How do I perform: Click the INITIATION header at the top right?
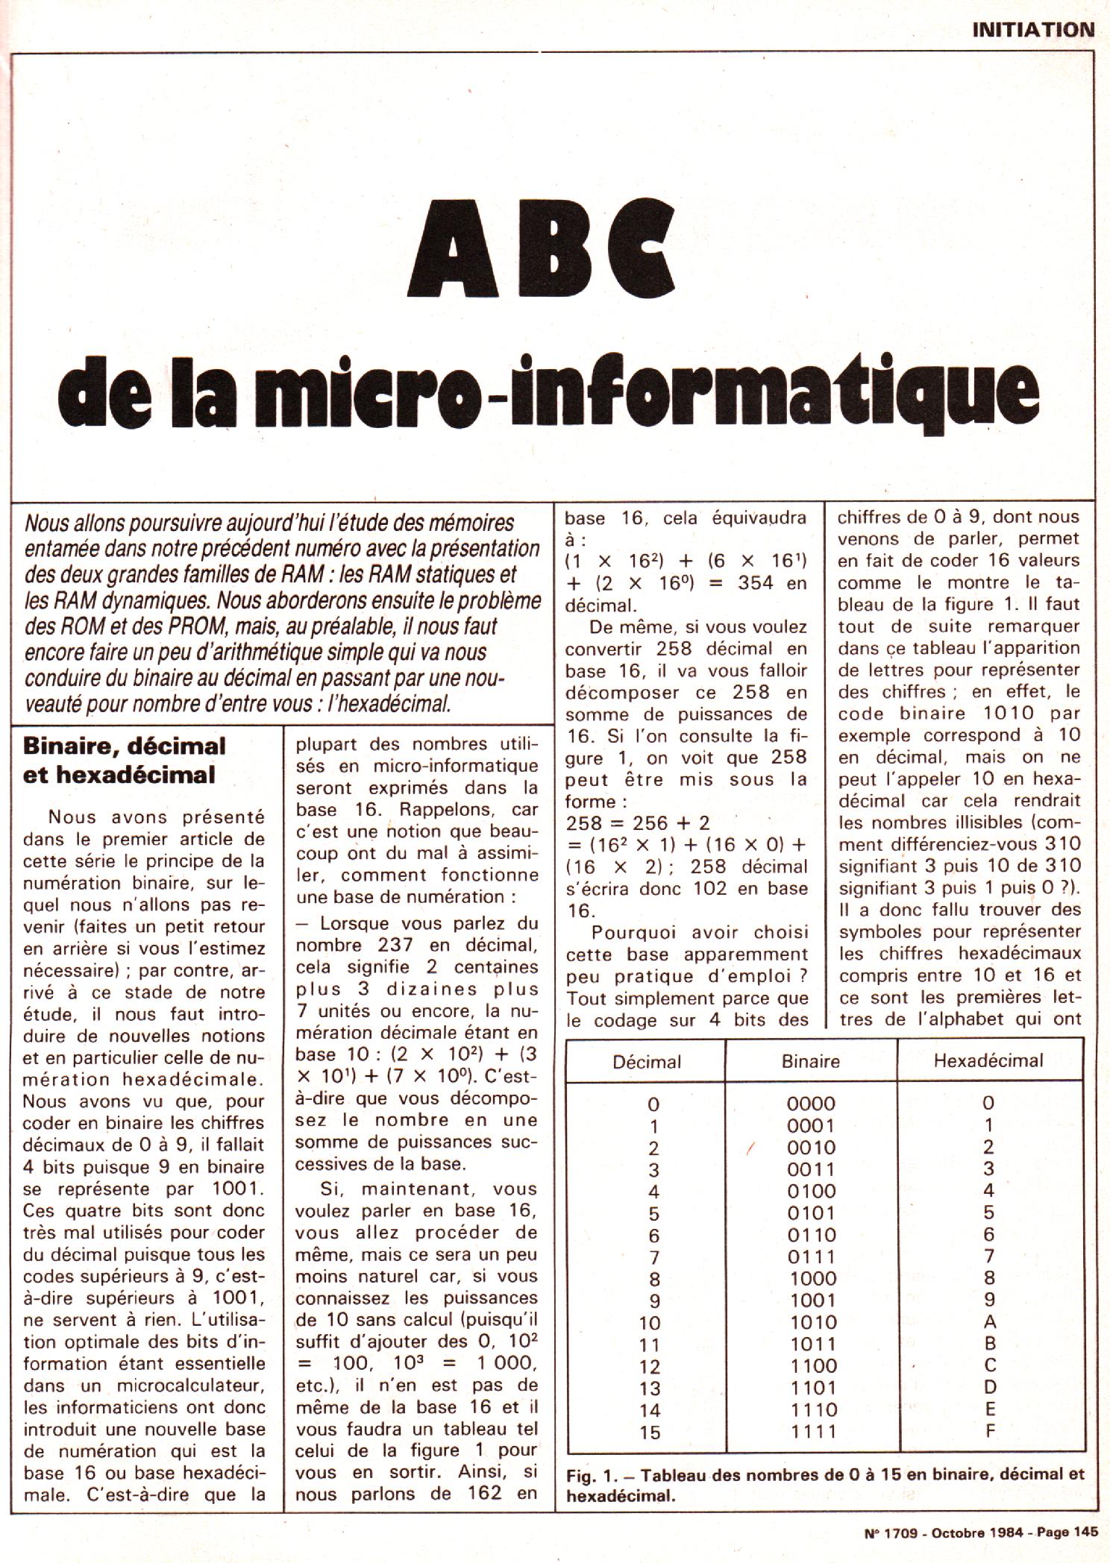point(1032,30)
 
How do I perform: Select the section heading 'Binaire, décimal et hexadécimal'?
point(124,760)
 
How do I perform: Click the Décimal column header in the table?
point(646,1061)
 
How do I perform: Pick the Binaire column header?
point(810,1061)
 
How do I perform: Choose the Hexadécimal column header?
point(988,1060)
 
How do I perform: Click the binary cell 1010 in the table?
point(813,1323)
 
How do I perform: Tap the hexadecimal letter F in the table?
point(990,1430)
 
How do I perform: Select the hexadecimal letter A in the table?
point(990,1322)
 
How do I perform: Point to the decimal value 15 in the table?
point(650,1433)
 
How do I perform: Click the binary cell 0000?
point(812,1104)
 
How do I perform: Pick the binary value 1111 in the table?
point(813,1432)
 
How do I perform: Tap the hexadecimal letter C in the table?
point(990,1365)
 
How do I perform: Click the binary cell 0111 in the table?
point(812,1257)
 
